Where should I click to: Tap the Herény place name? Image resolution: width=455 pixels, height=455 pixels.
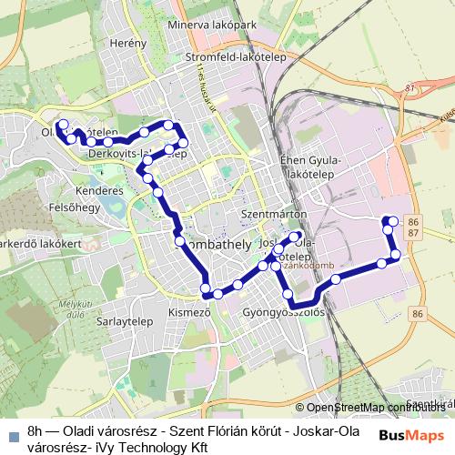[x=127, y=43]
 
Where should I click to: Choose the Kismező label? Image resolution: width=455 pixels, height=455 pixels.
[x=189, y=312]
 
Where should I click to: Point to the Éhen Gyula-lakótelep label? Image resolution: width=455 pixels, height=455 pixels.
[x=310, y=167]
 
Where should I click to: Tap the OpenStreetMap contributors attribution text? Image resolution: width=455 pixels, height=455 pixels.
[x=374, y=408]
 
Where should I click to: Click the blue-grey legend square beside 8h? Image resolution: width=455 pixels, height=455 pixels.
[x=13, y=434]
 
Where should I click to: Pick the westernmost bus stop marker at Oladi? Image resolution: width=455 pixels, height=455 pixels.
[x=62, y=125]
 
